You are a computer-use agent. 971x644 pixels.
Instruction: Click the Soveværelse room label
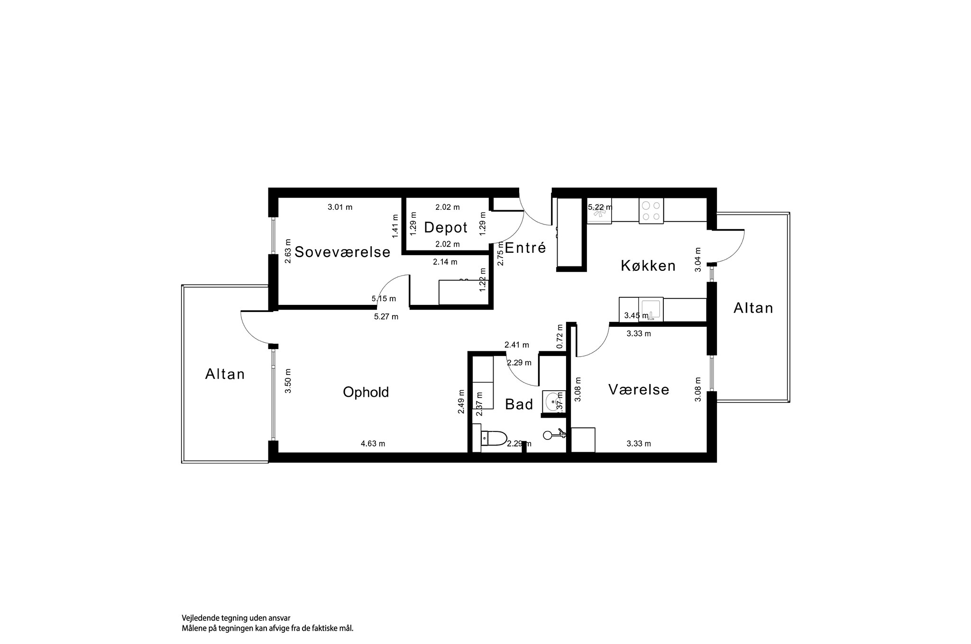click(342, 252)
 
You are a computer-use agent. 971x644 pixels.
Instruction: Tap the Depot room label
click(446, 228)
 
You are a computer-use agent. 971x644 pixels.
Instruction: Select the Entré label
click(525, 248)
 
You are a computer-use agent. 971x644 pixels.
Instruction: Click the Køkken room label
click(648, 266)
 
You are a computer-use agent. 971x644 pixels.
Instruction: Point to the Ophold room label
click(366, 392)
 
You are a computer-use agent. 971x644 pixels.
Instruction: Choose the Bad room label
click(519, 404)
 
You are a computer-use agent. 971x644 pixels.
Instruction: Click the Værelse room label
click(639, 390)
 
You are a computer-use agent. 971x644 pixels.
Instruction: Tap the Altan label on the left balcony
click(225, 374)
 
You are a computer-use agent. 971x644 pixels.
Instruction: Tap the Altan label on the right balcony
click(753, 308)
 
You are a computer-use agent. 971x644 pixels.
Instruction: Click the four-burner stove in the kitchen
click(651, 211)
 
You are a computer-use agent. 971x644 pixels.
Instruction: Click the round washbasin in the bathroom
click(553, 402)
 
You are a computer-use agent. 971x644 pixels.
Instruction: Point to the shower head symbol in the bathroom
click(549, 435)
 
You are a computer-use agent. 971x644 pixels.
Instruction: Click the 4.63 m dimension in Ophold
click(373, 444)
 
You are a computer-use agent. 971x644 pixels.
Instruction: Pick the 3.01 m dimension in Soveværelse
click(340, 207)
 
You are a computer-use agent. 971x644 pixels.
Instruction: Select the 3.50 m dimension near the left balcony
click(288, 381)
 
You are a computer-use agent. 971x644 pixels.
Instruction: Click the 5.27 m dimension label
click(386, 317)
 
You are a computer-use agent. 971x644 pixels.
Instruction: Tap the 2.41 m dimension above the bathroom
click(516, 345)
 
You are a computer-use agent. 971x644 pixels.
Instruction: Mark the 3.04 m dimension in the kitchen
click(698, 259)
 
